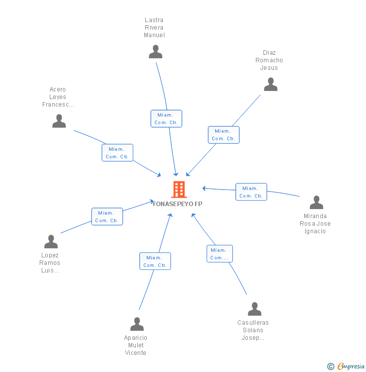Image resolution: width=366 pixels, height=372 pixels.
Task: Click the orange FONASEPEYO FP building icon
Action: [x=179, y=190]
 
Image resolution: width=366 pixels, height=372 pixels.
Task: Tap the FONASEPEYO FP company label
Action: [x=178, y=204]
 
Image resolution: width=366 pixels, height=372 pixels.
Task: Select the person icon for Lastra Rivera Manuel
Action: [x=156, y=52]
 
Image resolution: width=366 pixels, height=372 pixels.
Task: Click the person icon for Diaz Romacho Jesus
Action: [x=270, y=84]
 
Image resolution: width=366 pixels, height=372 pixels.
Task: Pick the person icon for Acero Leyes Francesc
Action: [x=59, y=121]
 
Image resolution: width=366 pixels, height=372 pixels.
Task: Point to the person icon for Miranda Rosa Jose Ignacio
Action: [x=316, y=203]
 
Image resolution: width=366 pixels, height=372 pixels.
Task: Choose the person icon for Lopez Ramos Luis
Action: [x=51, y=242]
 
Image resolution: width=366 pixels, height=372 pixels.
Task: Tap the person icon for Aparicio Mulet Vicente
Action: [x=137, y=324]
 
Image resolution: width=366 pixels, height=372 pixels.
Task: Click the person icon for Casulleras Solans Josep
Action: [x=254, y=309]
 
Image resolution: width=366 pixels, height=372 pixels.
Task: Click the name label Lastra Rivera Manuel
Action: [x=154, y=28]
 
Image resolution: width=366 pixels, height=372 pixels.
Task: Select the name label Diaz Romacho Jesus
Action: [x=269, y=60]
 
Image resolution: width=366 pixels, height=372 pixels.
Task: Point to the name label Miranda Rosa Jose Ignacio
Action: [x=315, y=224]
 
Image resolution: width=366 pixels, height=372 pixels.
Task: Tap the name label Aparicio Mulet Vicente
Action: [x=136, y=345]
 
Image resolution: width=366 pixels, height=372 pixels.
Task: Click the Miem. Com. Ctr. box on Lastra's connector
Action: [x=166, y=119]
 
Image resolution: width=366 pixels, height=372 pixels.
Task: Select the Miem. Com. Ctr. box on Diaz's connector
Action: [x=224, y=135]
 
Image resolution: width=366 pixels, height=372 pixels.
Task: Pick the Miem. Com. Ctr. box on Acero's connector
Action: [x=117, y=153]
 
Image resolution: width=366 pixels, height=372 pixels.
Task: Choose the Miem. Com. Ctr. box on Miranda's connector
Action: [x=251, y=192]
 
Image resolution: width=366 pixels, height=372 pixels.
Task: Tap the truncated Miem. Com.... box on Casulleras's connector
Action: [x=219, y=254]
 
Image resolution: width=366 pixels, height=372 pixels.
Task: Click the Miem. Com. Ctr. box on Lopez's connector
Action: [x=107, y=217]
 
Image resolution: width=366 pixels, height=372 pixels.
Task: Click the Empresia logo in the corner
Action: [x=346, y=366]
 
